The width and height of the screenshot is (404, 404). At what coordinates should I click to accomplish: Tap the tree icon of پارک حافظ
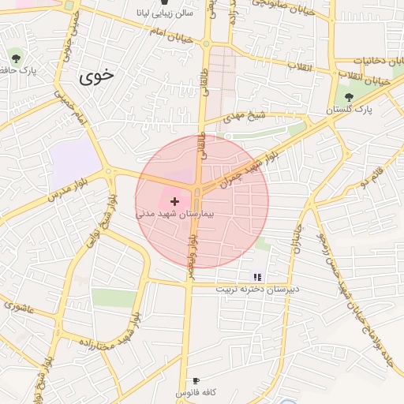coord(16,57)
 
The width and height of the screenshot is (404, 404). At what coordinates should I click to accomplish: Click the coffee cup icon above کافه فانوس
coord(196,381)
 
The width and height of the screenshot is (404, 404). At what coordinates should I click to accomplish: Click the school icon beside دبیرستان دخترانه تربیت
coord(256,277)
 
